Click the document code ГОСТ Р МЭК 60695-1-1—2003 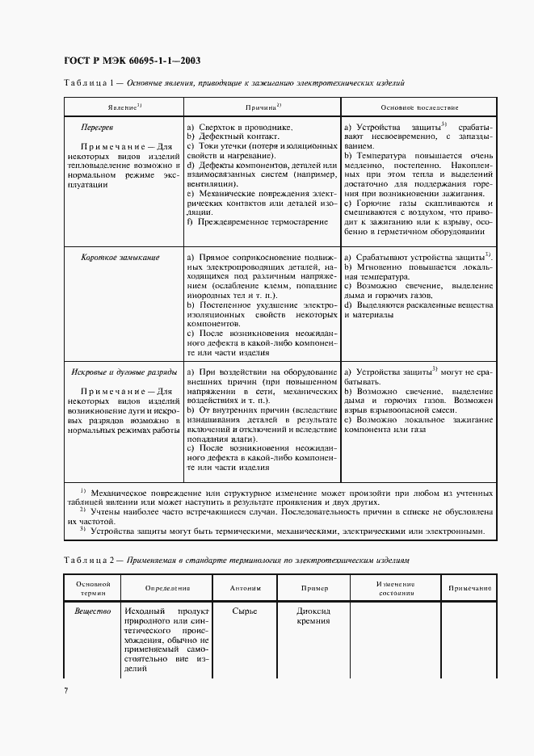point(132,61)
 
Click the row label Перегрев point(97,128)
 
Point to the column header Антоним point(245,588)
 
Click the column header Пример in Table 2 point(315,588)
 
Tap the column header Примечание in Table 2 point(469,588)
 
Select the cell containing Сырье point(245,611)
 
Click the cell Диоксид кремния point(314,616)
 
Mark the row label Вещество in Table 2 point(93,611)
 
